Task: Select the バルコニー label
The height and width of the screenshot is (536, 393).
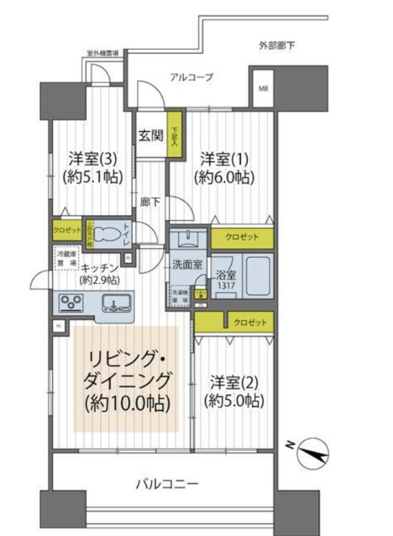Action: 164,482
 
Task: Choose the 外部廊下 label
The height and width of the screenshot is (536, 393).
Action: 277,46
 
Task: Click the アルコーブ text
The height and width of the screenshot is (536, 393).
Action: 191,78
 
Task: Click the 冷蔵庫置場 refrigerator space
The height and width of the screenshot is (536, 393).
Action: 65,257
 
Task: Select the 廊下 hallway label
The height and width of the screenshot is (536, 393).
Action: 149,200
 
